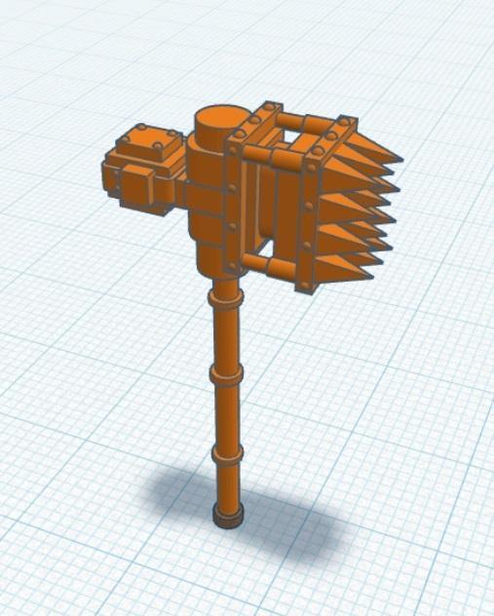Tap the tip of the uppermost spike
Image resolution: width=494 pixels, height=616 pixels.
pyautogui.click(x=399, y=156)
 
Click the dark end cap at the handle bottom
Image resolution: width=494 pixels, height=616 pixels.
pyautogui.click(x=228, y=518)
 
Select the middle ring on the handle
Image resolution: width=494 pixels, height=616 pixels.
pyautogui.click(x=224, y=375)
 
